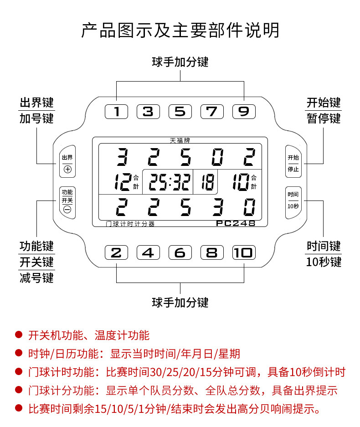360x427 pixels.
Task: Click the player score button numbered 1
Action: pyautogui.click(x=117, y=112)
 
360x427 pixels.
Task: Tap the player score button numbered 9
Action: pyautogui.click(x=244, y=112)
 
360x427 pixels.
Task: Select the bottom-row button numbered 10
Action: pyautogui.click(x=244, y=252)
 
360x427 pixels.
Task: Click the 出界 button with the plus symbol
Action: pyautogui.click(x=67, y=163)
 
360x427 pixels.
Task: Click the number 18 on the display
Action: pyautogui.click(x=205, y=182)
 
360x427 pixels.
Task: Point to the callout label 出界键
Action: pyautogui.click(x=36, y=102)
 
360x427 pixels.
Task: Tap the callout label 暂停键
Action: pyautogui.click(x=324, y=119)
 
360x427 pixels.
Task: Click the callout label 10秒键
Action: pyautogui.click(x=324, y=262)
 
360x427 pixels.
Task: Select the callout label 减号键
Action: pyautogui.click(x=36, y=278)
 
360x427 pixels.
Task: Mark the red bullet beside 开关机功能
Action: pyautogui.click(x=19, y=335)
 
